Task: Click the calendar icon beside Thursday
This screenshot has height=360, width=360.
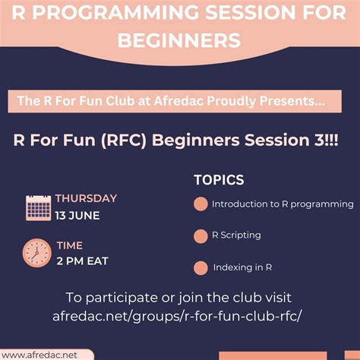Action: [38, 207]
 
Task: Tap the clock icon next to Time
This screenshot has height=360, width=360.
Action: [36, 252]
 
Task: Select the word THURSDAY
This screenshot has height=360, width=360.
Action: [86, 198]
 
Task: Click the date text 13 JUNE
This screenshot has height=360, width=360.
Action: [77, 215]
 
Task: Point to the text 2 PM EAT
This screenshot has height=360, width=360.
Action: [82, 261]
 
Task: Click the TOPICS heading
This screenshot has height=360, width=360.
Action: [219, 180]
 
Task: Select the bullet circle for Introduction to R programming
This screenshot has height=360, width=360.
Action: [201, 204]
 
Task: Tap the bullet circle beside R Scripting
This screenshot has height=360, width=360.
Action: [201, 235]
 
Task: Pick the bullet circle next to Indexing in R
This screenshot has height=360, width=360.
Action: [201, 267]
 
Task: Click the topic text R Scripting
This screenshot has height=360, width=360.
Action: [236, 235]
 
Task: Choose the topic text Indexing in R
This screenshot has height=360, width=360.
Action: [242, 267]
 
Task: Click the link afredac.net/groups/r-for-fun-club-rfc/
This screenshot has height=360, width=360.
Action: [178, 315]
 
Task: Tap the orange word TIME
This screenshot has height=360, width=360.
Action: [69, 245]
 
